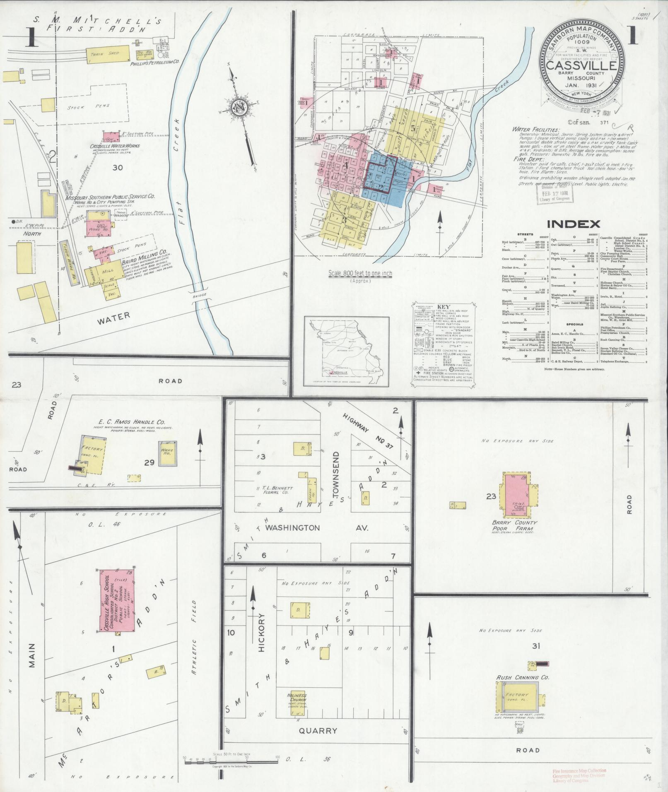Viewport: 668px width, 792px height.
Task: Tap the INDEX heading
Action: click(x=574, y=224)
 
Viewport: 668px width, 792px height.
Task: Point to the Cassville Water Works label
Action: click(x=115, y=146)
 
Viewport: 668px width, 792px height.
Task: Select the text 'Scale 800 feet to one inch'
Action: click(x=360, y=274)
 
